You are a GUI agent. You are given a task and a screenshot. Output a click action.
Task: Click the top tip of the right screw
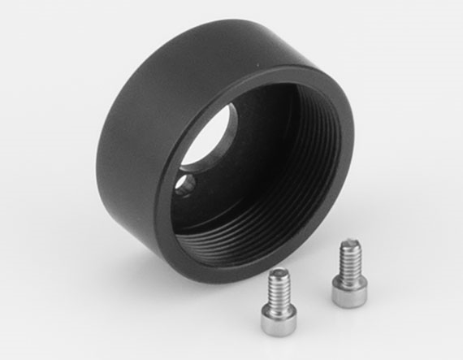350,242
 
